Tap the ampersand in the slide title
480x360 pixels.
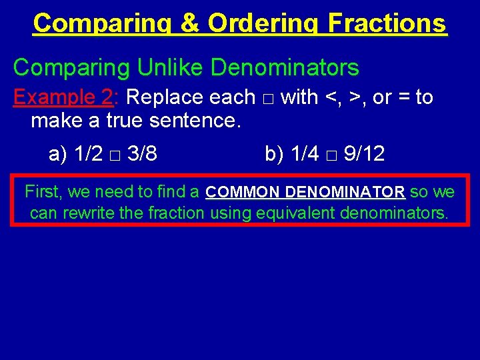pos(190,23)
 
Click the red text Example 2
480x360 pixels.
pos(63,97)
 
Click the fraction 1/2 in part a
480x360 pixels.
pos(89,154)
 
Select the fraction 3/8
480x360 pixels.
pos(143,154)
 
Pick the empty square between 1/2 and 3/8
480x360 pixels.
pos(116,155)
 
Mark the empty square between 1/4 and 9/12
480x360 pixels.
pos(331,155)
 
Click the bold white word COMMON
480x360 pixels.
pos(243,193)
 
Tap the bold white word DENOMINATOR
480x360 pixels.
pos(345,193)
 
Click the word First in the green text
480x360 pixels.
pos(43,193)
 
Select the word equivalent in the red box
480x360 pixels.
pos(295,213)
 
